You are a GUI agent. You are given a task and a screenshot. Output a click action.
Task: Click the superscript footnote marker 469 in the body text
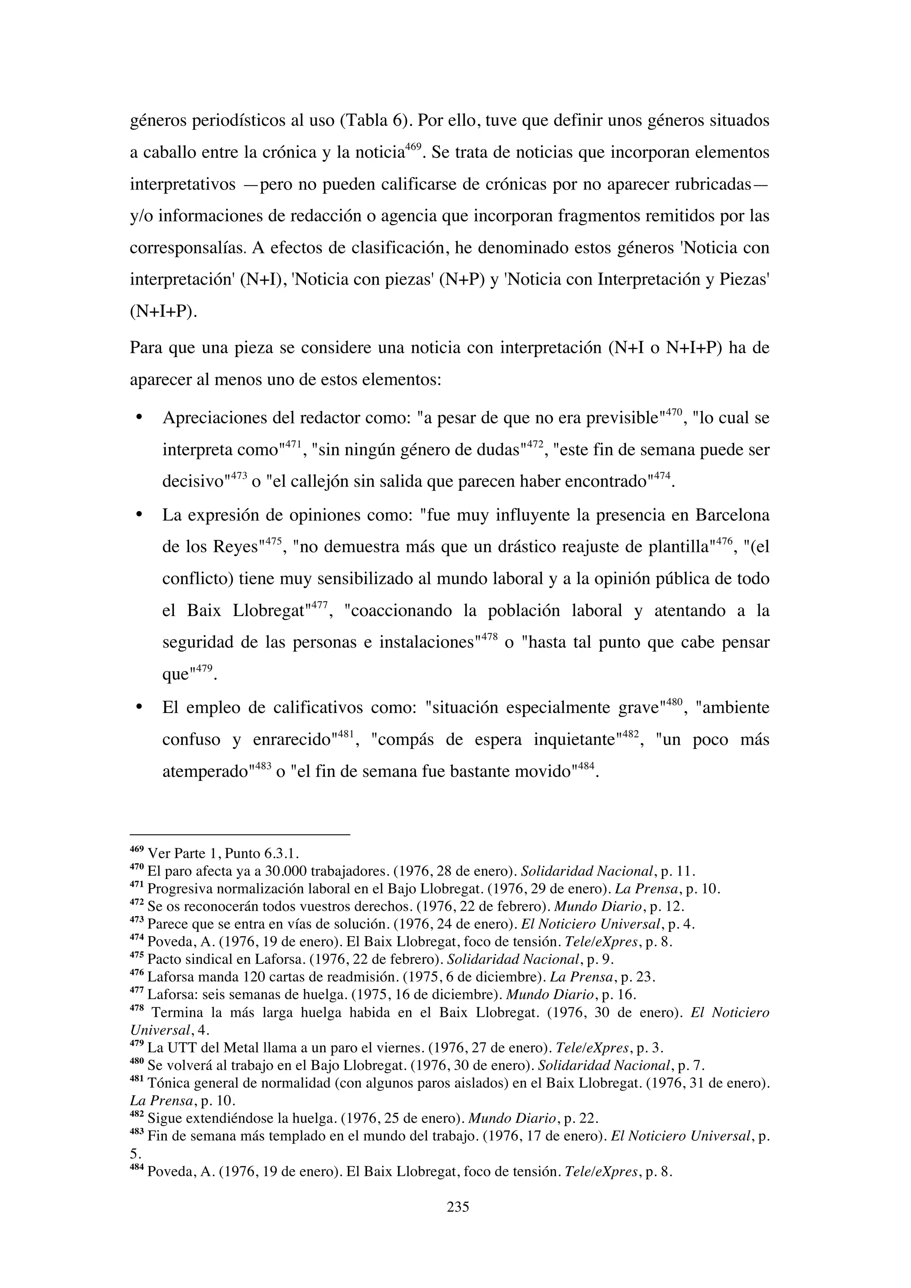tap(413, 147)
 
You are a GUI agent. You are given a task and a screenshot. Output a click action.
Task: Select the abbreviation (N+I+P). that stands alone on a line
tap(164, 312)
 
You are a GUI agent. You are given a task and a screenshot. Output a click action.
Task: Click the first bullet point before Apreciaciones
tap(138, 418)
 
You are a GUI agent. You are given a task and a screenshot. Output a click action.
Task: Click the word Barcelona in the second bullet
tap(732, 515)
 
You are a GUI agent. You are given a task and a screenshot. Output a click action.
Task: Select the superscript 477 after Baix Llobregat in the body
tap(318, 605)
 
